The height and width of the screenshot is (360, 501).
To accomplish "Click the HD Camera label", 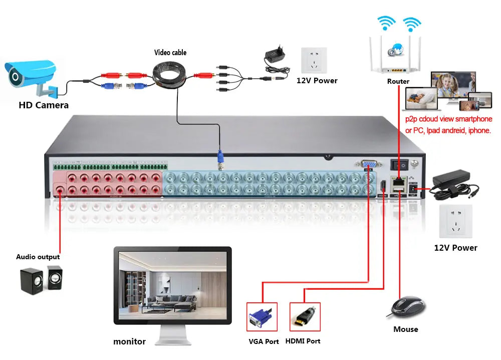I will point(44,105).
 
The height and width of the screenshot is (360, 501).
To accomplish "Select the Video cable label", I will point(170,52).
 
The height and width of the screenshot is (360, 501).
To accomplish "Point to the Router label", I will point(398,81).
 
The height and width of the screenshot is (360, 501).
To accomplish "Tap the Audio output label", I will point(38,257).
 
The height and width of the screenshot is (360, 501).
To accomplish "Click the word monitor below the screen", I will point(129,342).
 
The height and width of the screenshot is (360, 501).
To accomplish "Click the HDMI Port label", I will point(303,341).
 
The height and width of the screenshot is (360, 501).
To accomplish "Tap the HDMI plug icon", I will point(305,316).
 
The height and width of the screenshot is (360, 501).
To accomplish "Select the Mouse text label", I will point(406,329).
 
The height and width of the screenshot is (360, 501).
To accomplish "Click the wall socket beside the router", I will point(314,61).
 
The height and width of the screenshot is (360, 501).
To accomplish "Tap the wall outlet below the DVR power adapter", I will point(455,221).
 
